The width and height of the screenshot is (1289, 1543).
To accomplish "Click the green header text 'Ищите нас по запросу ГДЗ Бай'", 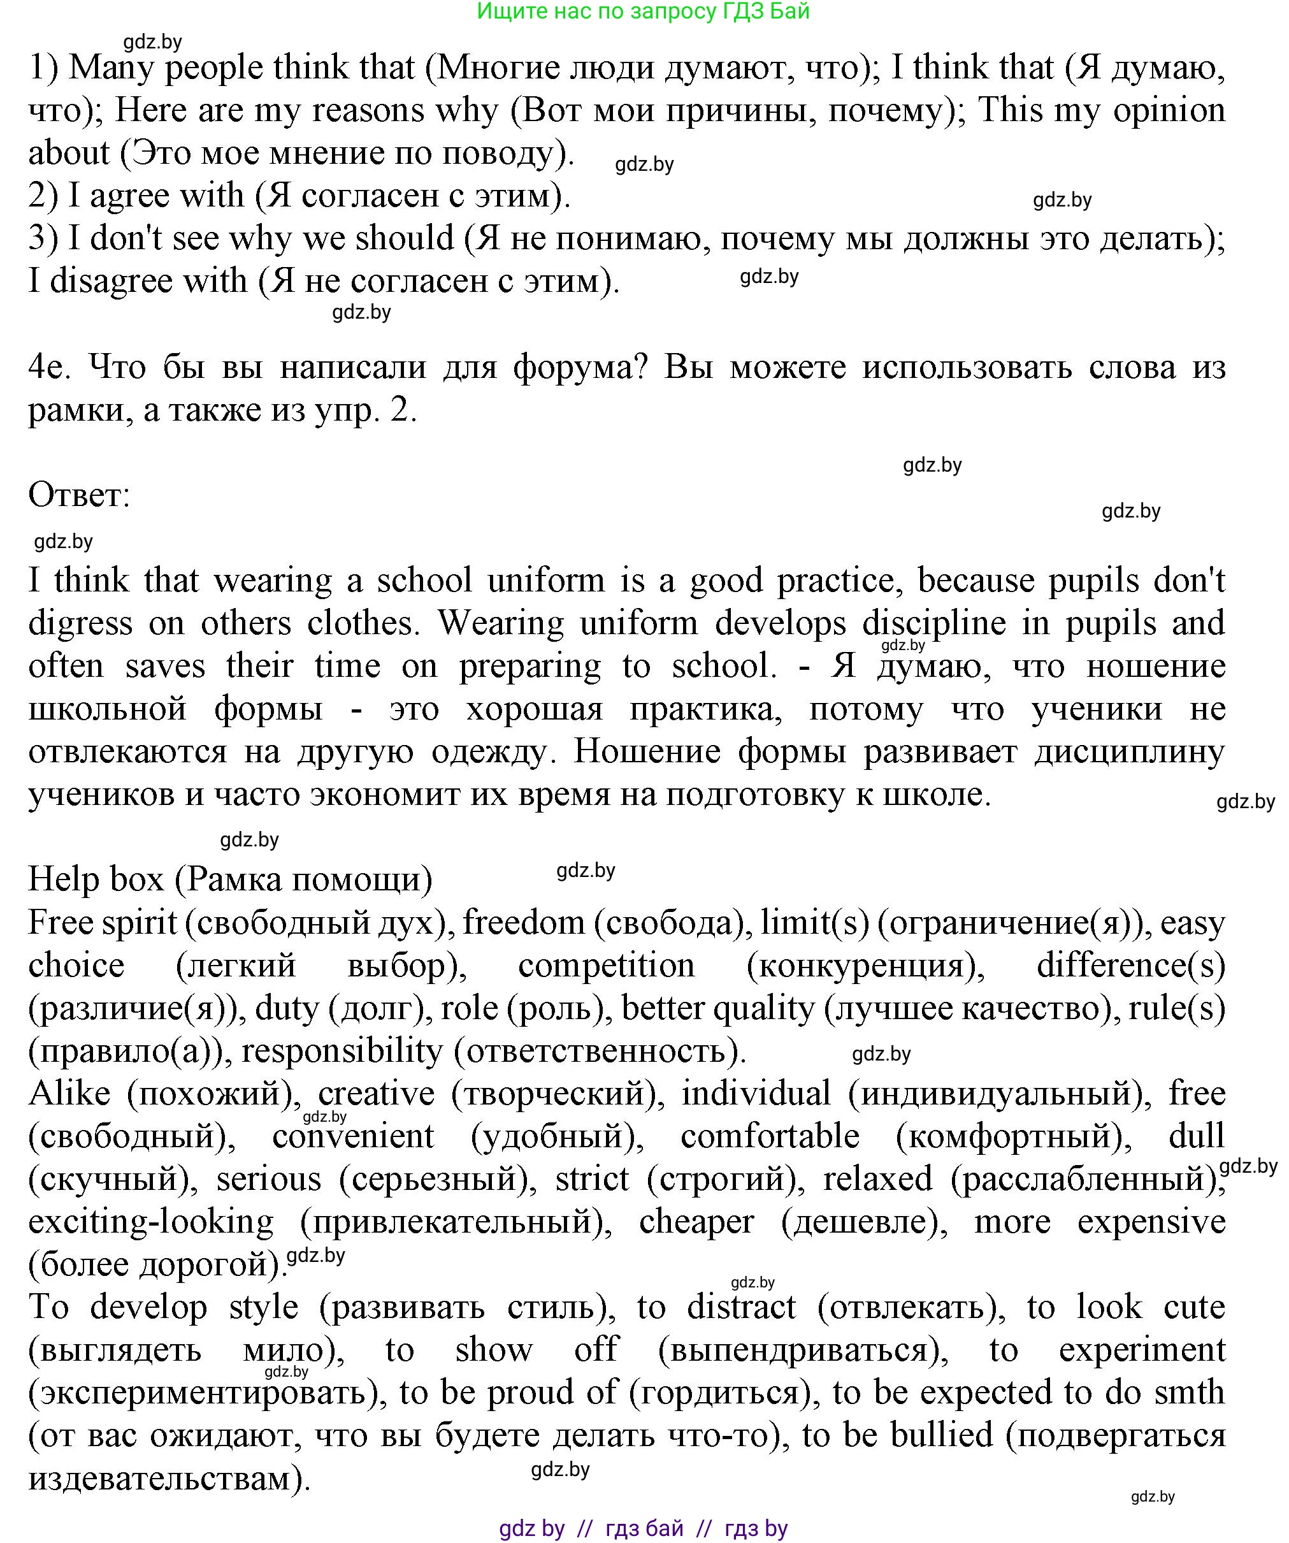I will pos(644,11).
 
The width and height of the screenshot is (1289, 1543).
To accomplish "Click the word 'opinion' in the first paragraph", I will pos(1169,110).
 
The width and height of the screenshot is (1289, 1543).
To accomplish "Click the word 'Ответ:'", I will pos(78,495).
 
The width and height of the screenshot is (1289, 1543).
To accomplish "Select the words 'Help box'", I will pos(96,879).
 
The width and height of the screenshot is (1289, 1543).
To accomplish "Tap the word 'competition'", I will pos(606,966).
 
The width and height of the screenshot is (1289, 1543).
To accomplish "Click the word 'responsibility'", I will pos(342,1051).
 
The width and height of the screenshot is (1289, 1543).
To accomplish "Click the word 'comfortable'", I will pos(770,1136).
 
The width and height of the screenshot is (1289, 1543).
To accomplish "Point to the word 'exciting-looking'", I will pos(150,1222).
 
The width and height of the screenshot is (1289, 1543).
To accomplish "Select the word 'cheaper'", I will pos(696,1222).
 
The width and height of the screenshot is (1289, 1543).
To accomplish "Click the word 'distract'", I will pos(741,1307).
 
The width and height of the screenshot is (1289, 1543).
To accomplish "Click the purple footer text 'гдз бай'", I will pos(644,1529).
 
